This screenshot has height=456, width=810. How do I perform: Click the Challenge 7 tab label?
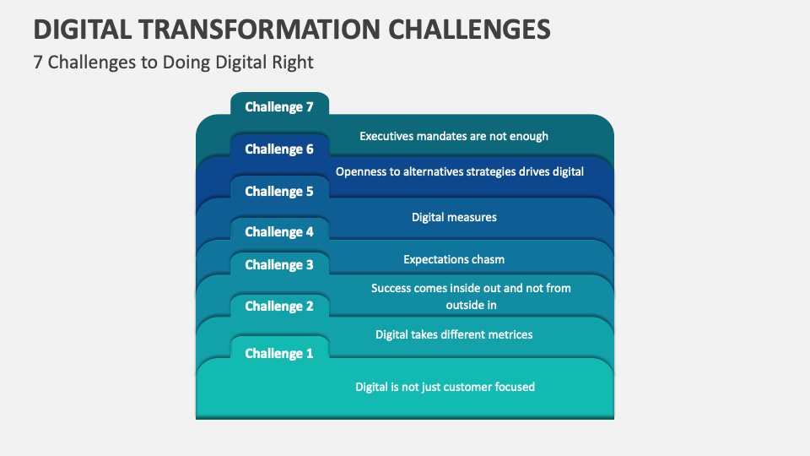(278, 107)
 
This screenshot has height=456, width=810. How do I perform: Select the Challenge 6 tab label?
(278, 149)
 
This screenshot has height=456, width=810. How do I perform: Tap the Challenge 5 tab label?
(278, 192)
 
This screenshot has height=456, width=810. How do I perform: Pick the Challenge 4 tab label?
(278, 232)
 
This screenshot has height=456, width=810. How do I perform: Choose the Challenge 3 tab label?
(278, 265)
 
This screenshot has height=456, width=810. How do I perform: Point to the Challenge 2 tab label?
(278, 307)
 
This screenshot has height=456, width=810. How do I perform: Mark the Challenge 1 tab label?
(278, 354)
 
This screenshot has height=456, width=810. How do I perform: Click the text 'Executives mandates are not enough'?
(454, 136)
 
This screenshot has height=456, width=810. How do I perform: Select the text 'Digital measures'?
(454, 217)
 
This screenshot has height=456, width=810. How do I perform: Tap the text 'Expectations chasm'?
(454, 259)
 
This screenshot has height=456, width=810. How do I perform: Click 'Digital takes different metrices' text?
(454, 334)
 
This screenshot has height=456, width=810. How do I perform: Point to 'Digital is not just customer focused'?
(445, 387)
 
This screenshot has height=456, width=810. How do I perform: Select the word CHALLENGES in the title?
(469, 30)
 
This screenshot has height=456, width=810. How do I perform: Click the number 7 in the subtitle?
(38, 62)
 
